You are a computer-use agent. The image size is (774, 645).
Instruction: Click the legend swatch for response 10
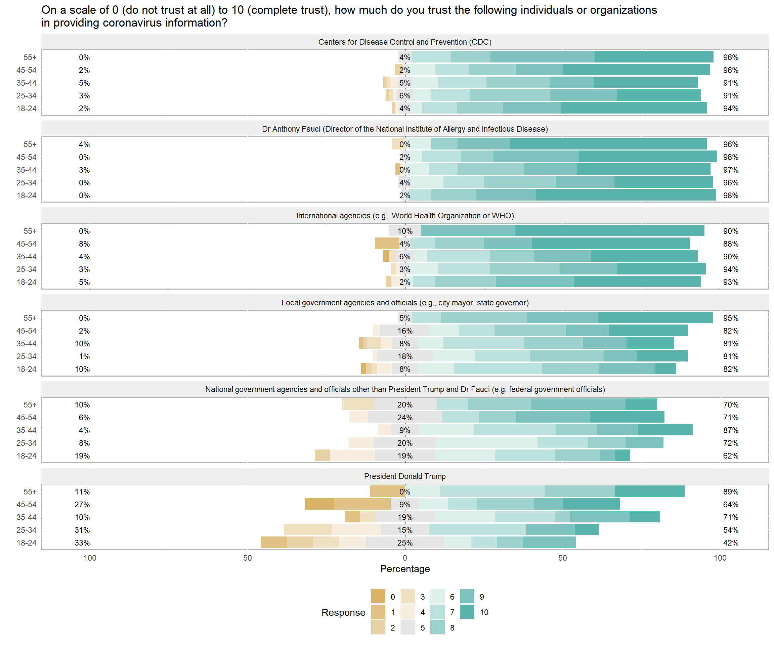pos(467,612)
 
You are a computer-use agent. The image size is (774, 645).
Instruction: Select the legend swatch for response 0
pos(378,597)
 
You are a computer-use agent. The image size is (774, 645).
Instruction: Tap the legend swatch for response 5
pos(407,628)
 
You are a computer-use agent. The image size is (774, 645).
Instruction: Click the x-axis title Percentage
pos(405,569)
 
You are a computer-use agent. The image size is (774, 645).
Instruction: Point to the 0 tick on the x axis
pos(405,558)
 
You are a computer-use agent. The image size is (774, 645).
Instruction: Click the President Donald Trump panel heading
pos(405,476)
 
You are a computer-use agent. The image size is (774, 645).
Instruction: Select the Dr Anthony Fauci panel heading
pos(405,129)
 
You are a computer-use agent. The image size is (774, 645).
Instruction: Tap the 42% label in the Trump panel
pos(731,543)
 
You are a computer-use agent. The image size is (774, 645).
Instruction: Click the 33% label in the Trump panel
pos(82,543)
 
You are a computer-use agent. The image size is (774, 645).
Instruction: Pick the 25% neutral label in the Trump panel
pos(405,543)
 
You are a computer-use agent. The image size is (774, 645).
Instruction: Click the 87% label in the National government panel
pos(731,430)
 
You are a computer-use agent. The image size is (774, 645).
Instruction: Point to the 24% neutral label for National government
pos(405,418)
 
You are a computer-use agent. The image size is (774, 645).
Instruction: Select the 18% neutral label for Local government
pos(405,356)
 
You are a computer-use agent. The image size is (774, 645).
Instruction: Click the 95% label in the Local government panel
pos(731,318)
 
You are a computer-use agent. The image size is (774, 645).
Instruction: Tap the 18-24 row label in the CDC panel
pos(27,109)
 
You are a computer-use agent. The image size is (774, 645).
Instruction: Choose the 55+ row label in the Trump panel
pos(30,492)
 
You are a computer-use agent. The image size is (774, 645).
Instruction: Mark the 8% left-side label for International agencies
pos(84,244)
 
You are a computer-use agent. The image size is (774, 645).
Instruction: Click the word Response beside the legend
pos(343,612)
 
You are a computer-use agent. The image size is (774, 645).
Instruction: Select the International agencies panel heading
pos(405,216)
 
